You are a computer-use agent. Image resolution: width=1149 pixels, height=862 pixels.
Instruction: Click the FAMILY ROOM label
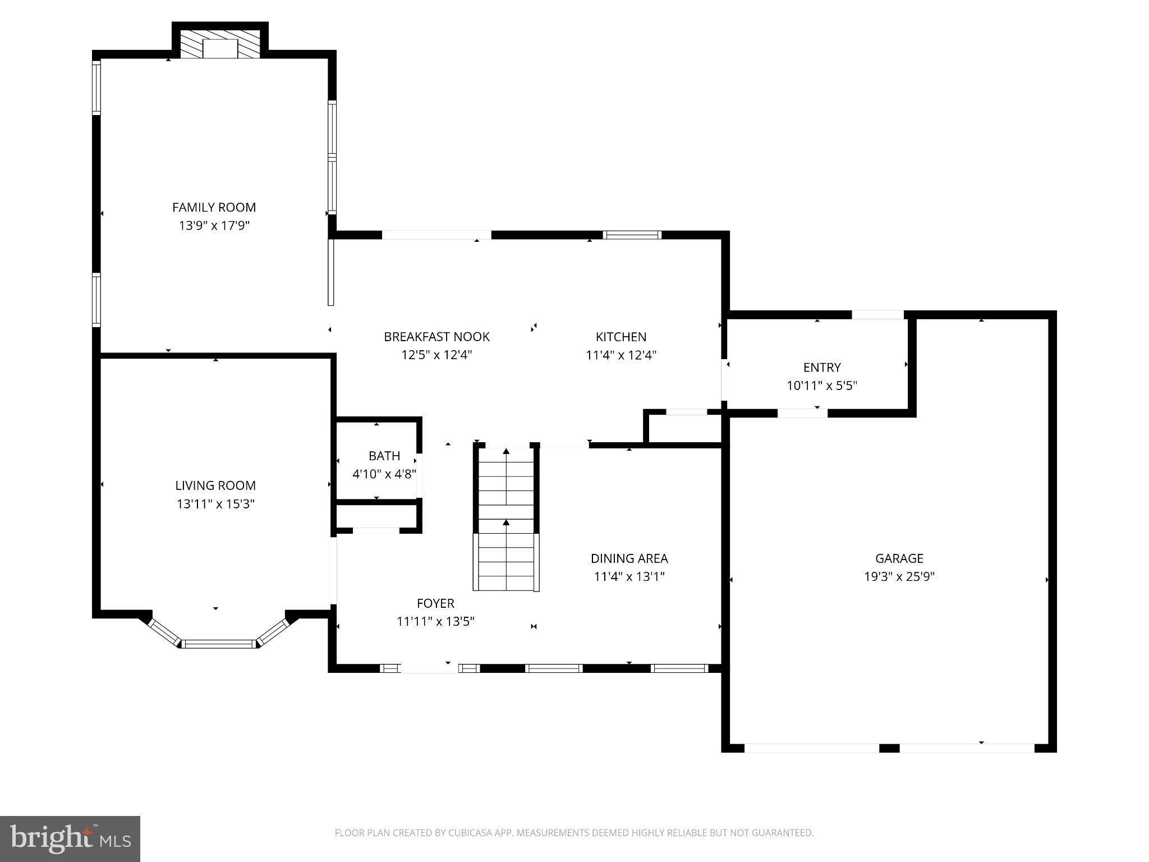pyautogui.click(x=214, y=207)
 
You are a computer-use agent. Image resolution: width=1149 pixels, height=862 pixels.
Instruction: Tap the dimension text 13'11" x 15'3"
pyautogui.click(x=215, y=504)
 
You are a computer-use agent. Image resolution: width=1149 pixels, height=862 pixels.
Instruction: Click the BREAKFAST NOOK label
pyautogui.click(x=436, y=337)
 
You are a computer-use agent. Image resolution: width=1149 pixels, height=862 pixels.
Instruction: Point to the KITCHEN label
pyautogui.click(x=621, y=337)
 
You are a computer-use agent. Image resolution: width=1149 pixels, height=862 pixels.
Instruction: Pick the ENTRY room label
pyautogui.click(x=822, y=368)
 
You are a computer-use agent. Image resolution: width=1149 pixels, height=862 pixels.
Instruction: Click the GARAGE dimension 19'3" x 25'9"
pyautogui.click(x=899, y=576)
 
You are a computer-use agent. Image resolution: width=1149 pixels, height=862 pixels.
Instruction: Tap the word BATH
pyautogui.click(x=384, y=456)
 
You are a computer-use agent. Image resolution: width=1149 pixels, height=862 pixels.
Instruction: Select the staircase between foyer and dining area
pyautogui.click(x=506, y=519)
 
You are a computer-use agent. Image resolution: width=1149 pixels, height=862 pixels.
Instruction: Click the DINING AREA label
pyautogui.click(x=629, y=558)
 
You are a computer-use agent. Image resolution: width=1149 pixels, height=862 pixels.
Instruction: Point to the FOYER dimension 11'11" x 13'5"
pyautogui.click(x=435, y=621)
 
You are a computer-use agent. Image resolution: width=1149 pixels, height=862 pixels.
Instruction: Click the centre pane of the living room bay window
pyautogui.click(x=219, y=644)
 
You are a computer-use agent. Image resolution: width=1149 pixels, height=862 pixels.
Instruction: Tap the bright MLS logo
pyautogui.click(x=70, y=838)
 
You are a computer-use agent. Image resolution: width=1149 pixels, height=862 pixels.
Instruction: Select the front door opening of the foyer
pyautogui.click(x=429, y=668)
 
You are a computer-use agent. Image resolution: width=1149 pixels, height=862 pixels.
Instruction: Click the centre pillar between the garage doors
pyautogui.click(x=889, y=748)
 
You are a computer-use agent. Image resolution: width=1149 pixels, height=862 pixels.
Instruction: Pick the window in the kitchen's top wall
pyautogui.click(x=632, y=235)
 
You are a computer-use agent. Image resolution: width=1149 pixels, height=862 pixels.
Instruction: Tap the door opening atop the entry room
pyautogui.click(x=877, y=315)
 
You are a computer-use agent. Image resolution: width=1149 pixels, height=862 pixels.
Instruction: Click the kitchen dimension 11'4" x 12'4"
pyautogui.click(x=621, y=355)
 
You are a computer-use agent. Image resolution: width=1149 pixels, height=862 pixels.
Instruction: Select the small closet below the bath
pyautogui.click(x=376, y=516)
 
